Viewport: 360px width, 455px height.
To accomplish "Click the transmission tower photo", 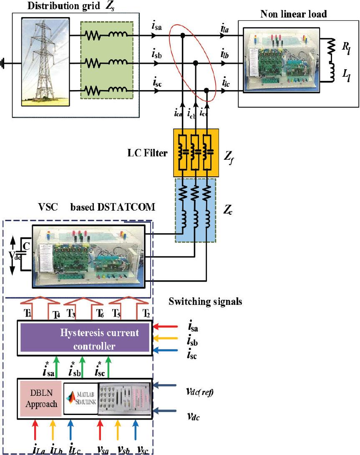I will (x=46, y=63).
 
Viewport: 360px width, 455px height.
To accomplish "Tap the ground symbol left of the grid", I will (x=4, y=64).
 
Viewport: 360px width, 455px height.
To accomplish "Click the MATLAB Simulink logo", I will (x=80, y=398).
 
